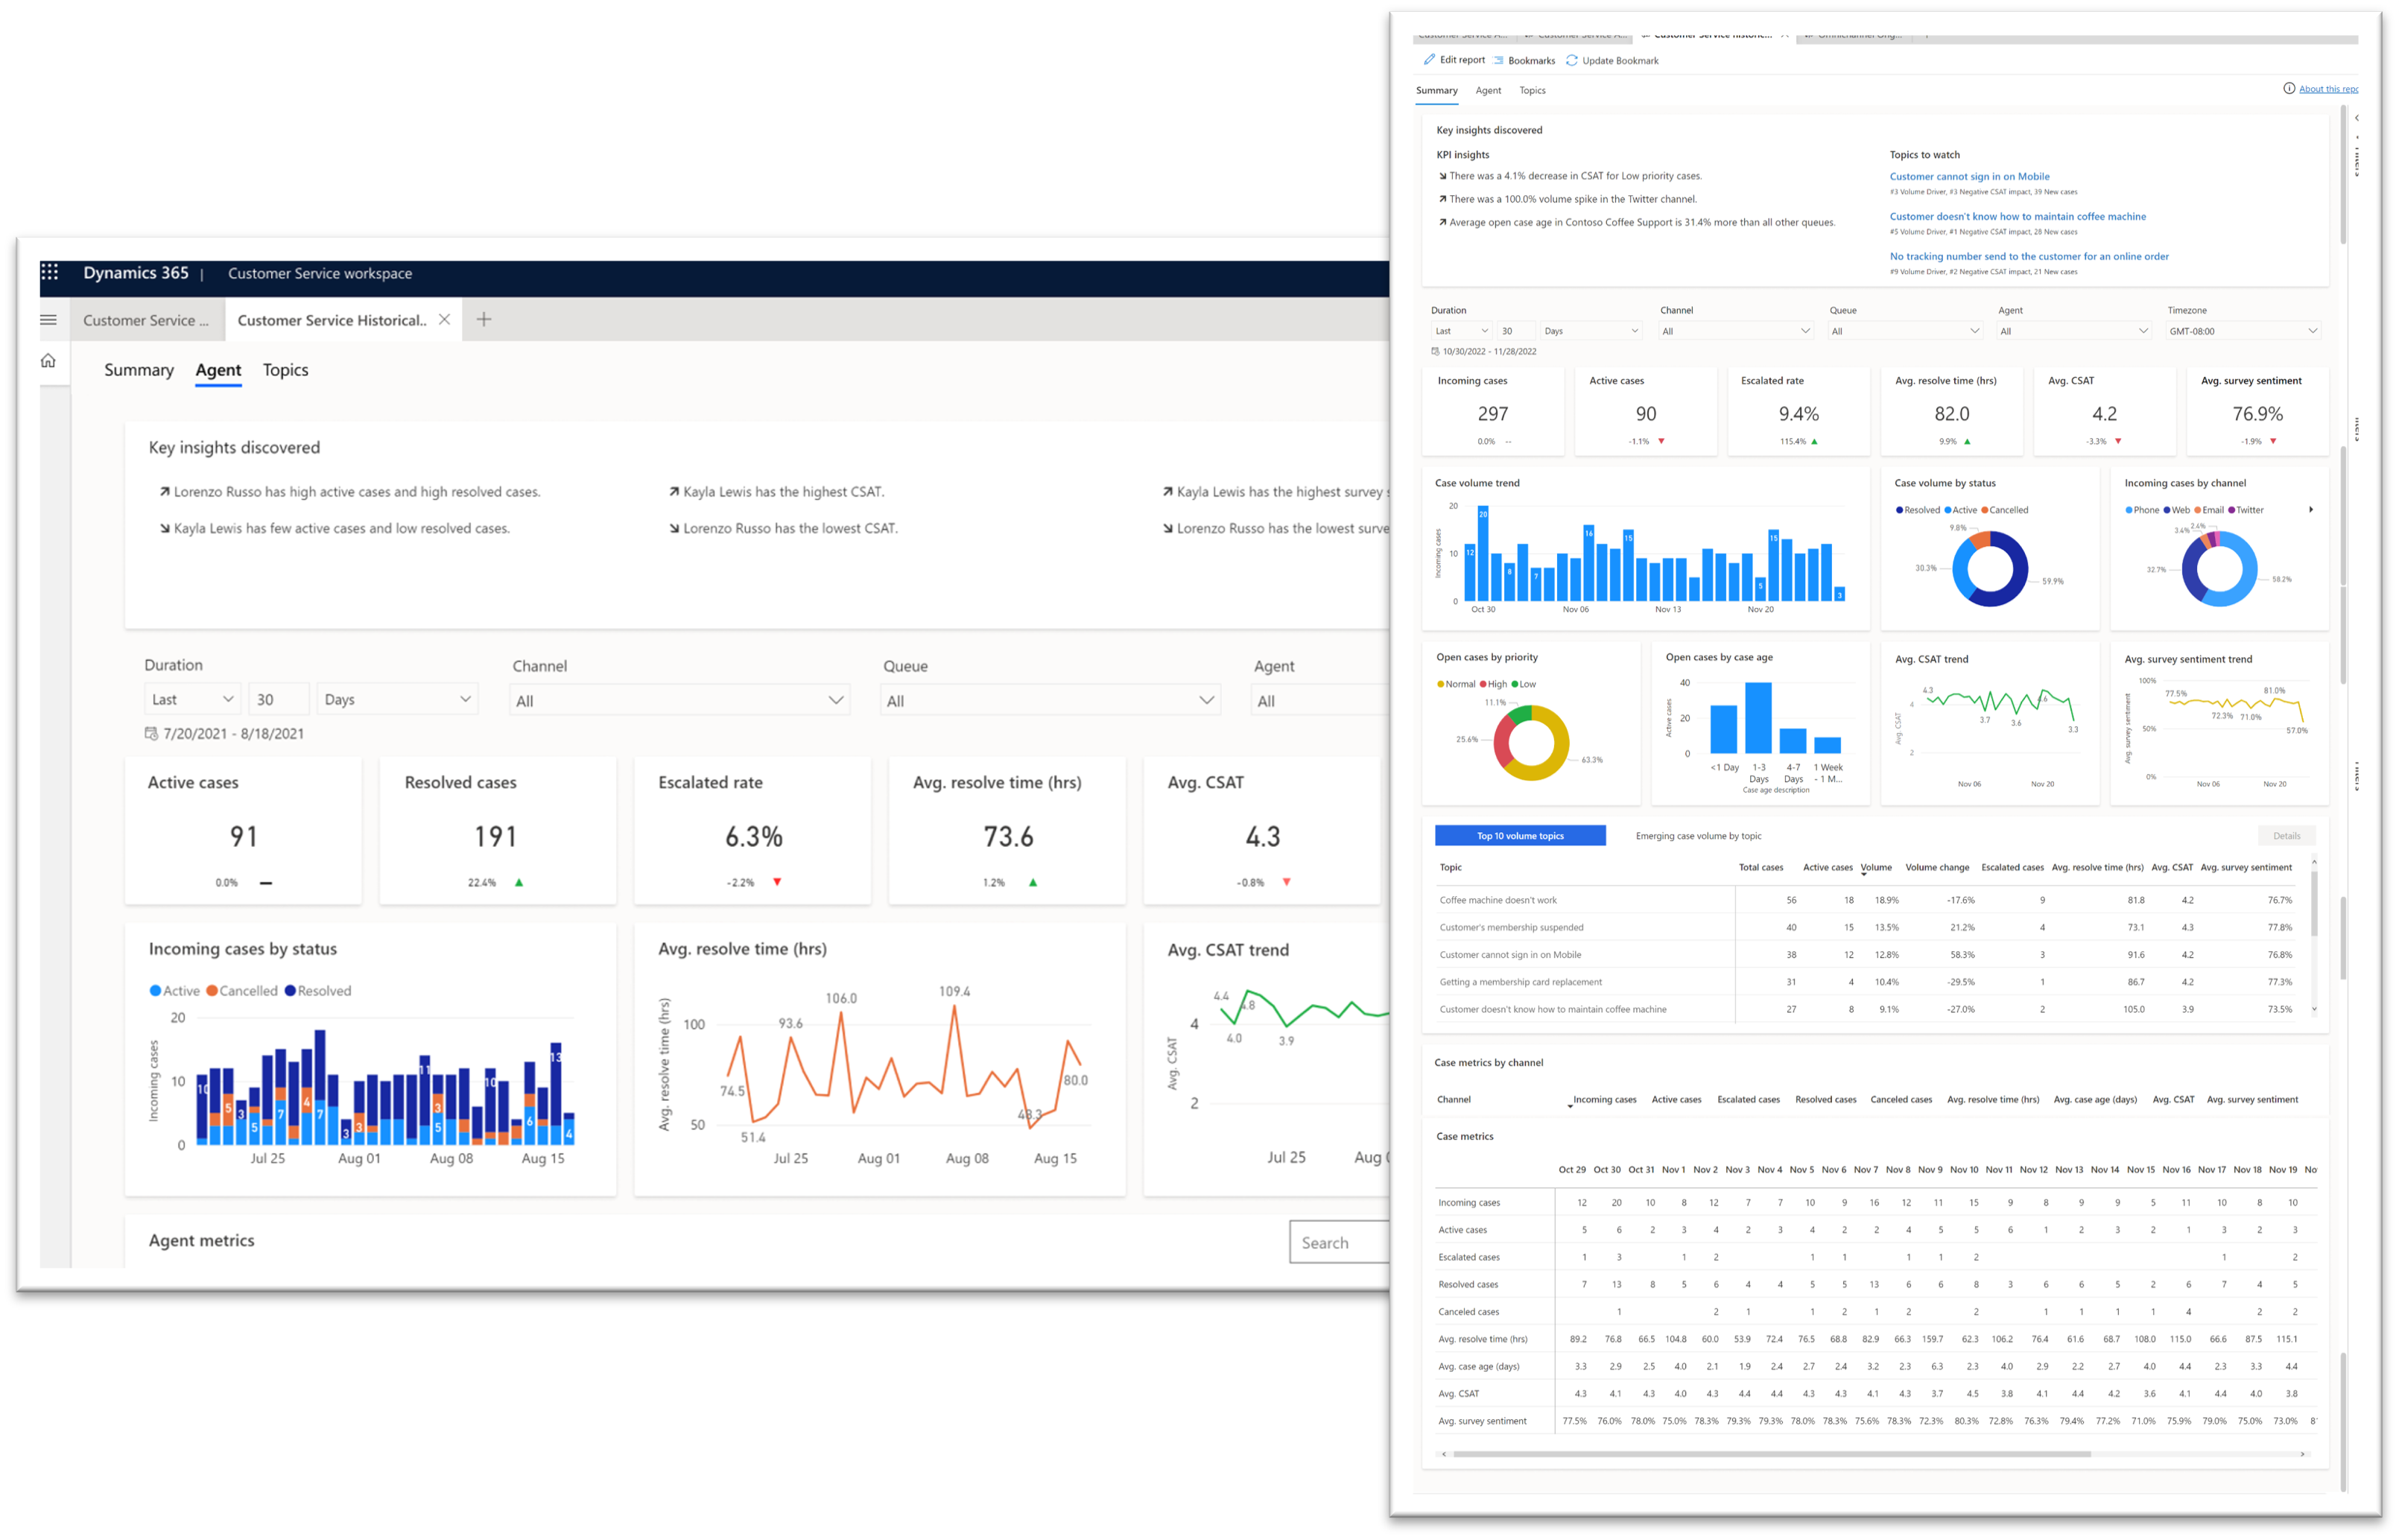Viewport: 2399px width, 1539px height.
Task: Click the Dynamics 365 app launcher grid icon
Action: [x=50, y=272]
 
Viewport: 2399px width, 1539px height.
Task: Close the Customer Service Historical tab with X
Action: [x=445, y=320]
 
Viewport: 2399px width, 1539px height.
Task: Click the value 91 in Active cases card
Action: [x=244, y=836]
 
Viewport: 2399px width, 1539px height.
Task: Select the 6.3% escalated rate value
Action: [x=754, y=836]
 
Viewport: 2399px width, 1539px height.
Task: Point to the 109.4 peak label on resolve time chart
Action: [x=954, y=991]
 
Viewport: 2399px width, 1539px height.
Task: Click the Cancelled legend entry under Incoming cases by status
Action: [x=242, y=990]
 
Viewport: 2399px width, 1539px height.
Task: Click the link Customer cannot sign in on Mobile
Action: [x=1968, y=177]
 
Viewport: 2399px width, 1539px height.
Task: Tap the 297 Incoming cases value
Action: [x=1492, y=413]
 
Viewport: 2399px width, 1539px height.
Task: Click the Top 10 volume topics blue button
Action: [x=1519, y=836]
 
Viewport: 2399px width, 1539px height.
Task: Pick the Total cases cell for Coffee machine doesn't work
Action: [x=1790, y=901]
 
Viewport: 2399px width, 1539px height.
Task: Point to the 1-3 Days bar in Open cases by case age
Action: [x=1758, y=717]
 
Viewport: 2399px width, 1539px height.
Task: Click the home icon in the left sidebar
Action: [x=48, y=361]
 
